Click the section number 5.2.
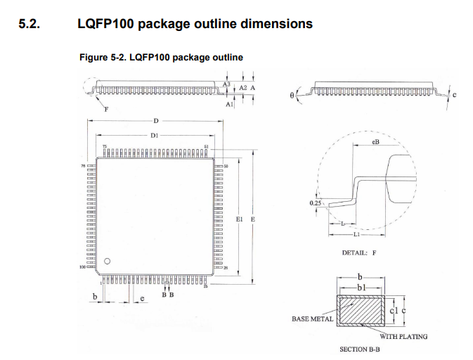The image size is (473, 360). (x=30, y=24)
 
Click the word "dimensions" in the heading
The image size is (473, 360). (x=276, y=24)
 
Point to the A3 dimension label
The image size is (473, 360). (x=226, y=84)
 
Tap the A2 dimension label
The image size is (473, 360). (x=242, y=88)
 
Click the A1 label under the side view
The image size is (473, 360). (x=229, y=104)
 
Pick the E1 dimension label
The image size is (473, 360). (x=240, y=220)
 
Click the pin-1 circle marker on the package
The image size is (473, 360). (x=108, y=262)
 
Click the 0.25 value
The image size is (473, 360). (x=315, y=204)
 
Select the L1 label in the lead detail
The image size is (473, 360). (x=356, y=235)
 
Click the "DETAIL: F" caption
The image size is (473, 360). (x=358, y=252)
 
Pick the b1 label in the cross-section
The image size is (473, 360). (x=362, y=288)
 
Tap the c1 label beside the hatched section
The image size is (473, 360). (x=393, y=310)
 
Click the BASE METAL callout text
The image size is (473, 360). (x=312, y=319)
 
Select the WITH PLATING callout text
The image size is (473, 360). (x=403, y=336)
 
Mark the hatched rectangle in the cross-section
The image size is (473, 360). (x=361, y=310)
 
